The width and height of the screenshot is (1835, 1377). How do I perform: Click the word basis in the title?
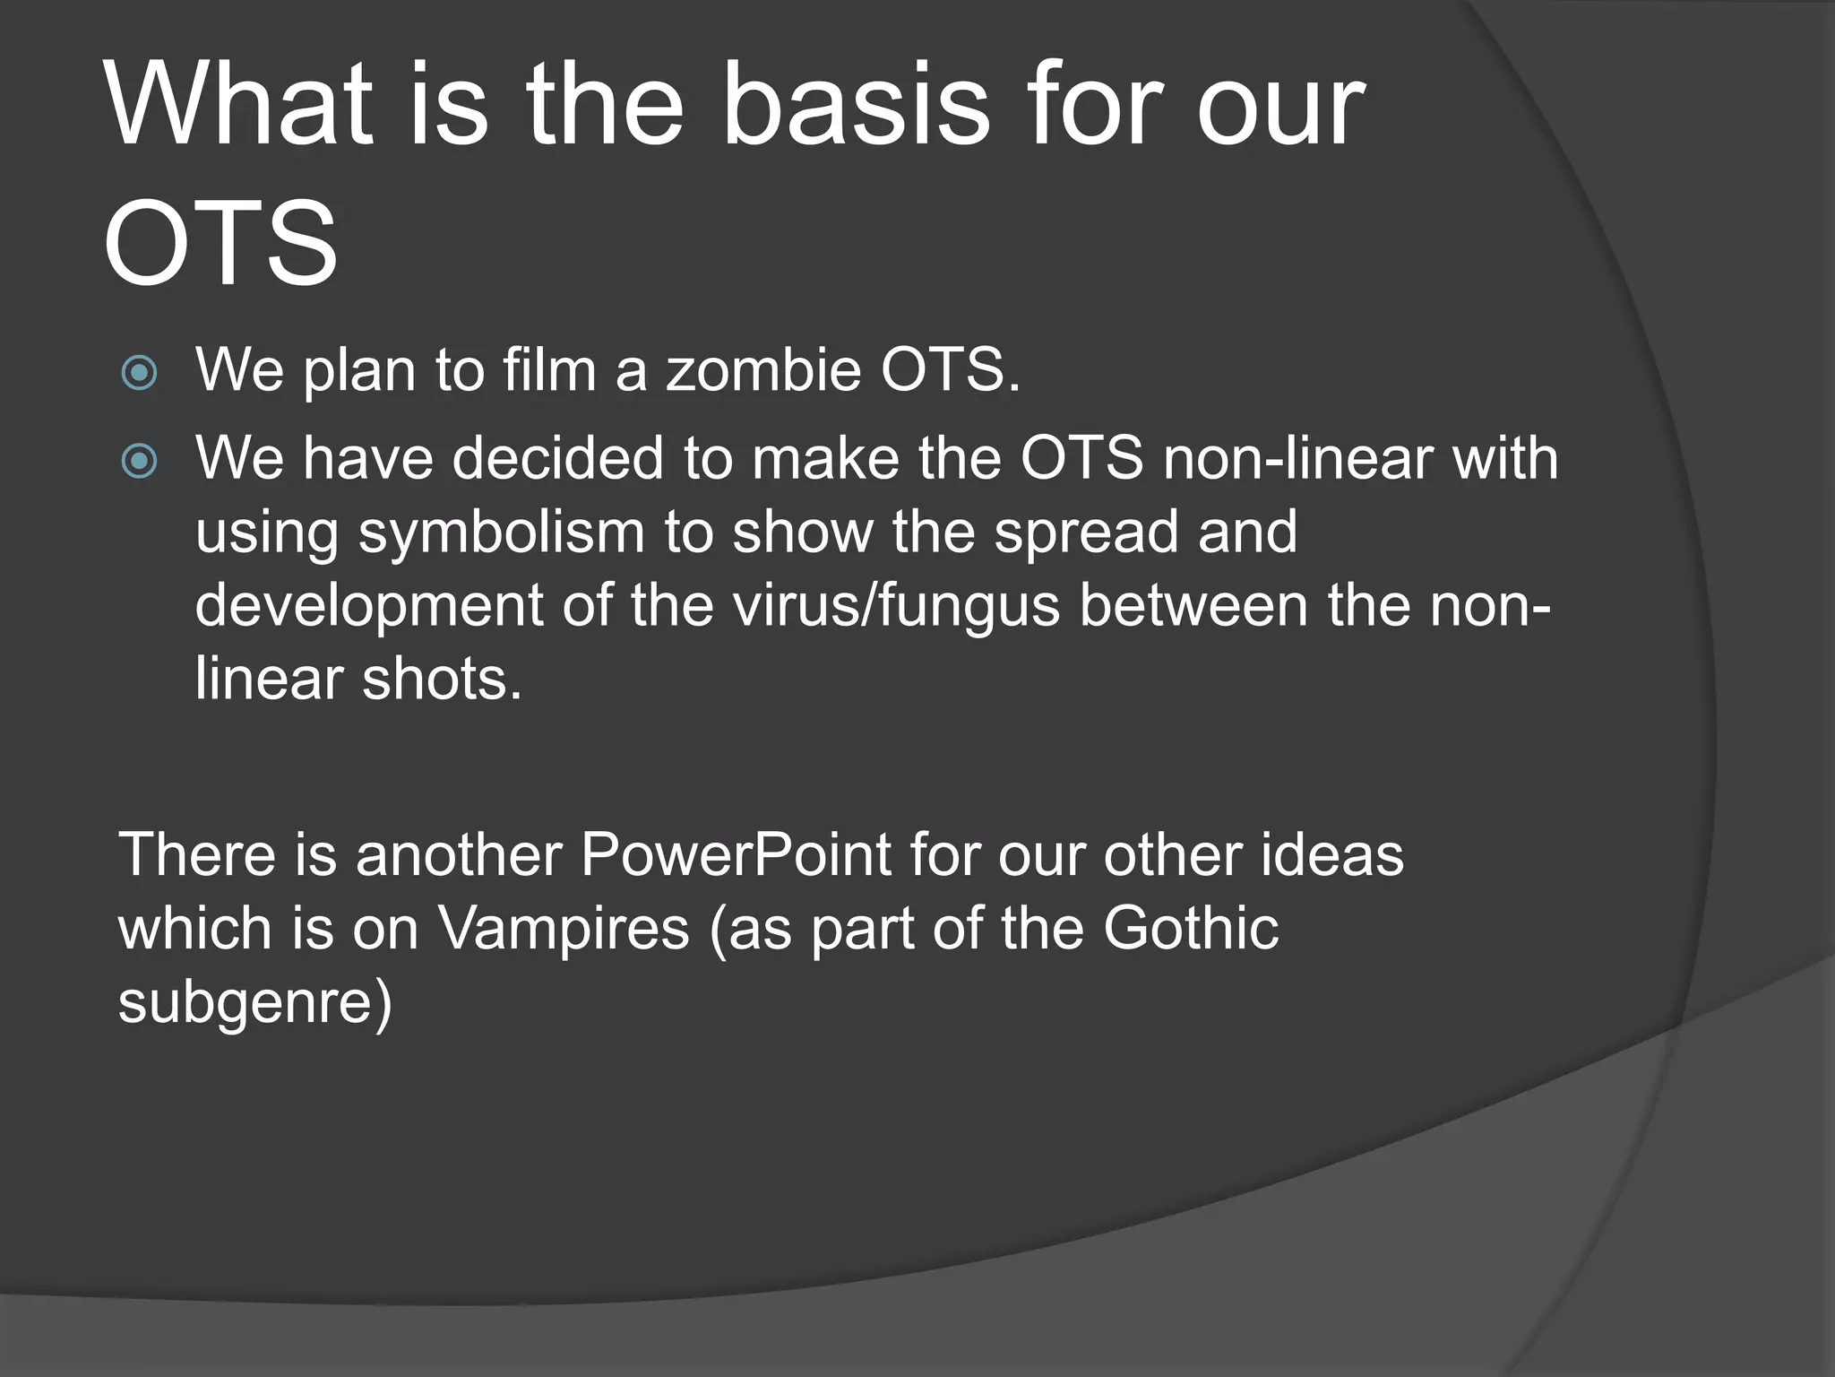[855, 106]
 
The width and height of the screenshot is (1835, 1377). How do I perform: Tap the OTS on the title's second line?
[220, 244]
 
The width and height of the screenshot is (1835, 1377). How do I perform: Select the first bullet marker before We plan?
[139, 373]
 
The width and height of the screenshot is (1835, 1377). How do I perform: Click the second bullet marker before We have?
[139, 462]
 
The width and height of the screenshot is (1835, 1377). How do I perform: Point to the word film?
[549, 369]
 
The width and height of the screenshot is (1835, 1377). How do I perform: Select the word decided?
[557, 458]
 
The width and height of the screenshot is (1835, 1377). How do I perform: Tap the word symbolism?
[502, 532]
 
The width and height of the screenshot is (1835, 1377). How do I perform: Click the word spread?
[1085, 532]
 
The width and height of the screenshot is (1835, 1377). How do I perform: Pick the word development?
[368, 607]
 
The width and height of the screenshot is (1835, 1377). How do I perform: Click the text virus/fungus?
[897, 607]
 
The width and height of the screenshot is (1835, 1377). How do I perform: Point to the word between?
[1194, 605]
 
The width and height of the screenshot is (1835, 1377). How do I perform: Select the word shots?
[441, 679]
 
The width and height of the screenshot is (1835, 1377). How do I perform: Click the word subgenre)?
[255, 1002]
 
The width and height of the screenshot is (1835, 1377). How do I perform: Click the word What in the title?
[238, 106]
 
